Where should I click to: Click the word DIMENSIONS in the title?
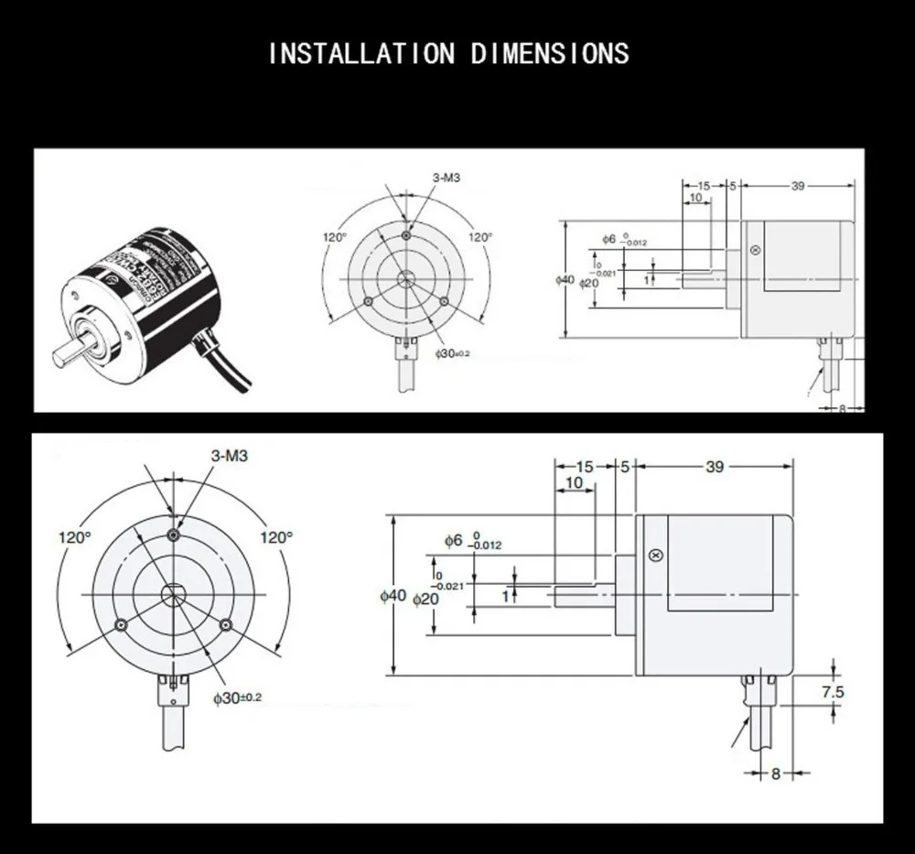550,53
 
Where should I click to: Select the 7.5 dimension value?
832,692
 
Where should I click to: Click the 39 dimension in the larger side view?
714,467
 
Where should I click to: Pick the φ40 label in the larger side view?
393,596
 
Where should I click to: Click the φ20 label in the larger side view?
425,599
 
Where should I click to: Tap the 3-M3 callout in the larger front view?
229,455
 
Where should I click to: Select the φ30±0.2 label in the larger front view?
237,697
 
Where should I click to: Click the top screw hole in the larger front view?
174,535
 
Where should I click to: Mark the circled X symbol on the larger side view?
654,556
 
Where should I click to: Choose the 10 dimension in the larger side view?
574,482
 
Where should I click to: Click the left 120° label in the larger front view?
75,537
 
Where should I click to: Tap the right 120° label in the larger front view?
275,537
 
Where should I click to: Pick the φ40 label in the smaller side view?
565,279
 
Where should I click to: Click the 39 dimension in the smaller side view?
797,186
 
